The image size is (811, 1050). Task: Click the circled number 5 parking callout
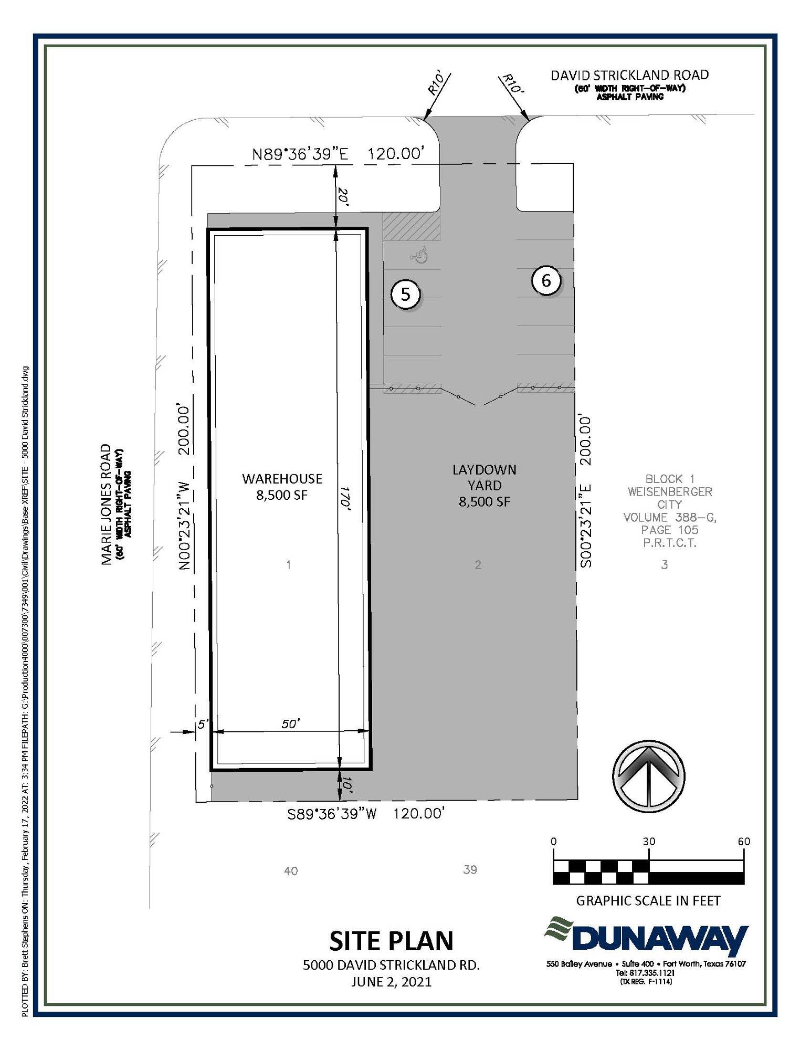click(405, 294)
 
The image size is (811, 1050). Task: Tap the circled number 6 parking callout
click(546, 280)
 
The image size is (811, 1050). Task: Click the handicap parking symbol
click(419, 256)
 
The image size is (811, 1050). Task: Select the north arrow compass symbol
click(648, 775)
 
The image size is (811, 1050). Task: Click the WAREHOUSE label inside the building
click(282, 478)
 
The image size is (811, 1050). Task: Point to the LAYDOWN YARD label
click(484, 477)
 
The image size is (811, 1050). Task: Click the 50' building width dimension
click(290, 724)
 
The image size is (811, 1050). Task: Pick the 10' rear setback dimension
click(346, 785)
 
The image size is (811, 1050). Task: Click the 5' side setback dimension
click(203, 724)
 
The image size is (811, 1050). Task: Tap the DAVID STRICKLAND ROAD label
click(629, 75)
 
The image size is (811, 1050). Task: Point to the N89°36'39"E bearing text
click(300, 154)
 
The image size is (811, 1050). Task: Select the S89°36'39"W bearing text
click(332, 814)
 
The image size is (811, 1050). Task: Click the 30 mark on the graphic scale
click(649, 841)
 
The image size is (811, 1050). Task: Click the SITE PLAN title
click(391, 940)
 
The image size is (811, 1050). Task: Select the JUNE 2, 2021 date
click(391, 981)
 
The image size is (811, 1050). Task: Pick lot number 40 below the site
click(291, 871)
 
